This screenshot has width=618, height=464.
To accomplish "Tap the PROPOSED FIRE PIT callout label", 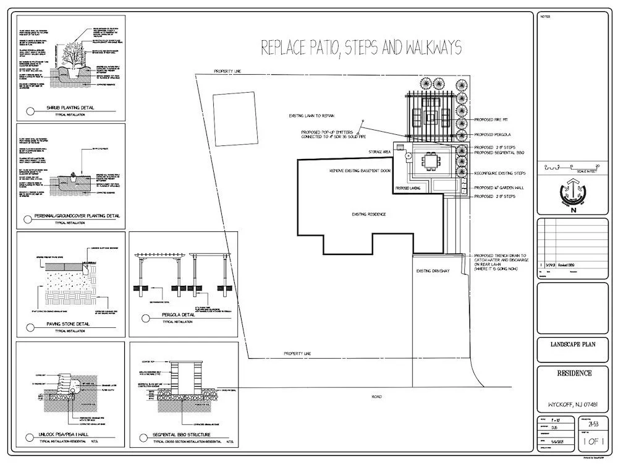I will [x=491, y=119].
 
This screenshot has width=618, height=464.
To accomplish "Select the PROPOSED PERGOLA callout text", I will [x=493, y=134].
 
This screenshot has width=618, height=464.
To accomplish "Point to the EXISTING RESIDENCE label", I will [x=369, y=214].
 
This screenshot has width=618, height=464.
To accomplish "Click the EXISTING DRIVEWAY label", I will [x=433, y=270].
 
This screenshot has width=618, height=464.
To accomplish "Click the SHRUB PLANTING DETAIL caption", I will [x=71, y=108].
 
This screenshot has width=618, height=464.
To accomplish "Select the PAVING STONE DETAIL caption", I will [x=68, y=324].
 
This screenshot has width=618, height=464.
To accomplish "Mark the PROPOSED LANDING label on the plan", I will [x=408, y=187].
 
